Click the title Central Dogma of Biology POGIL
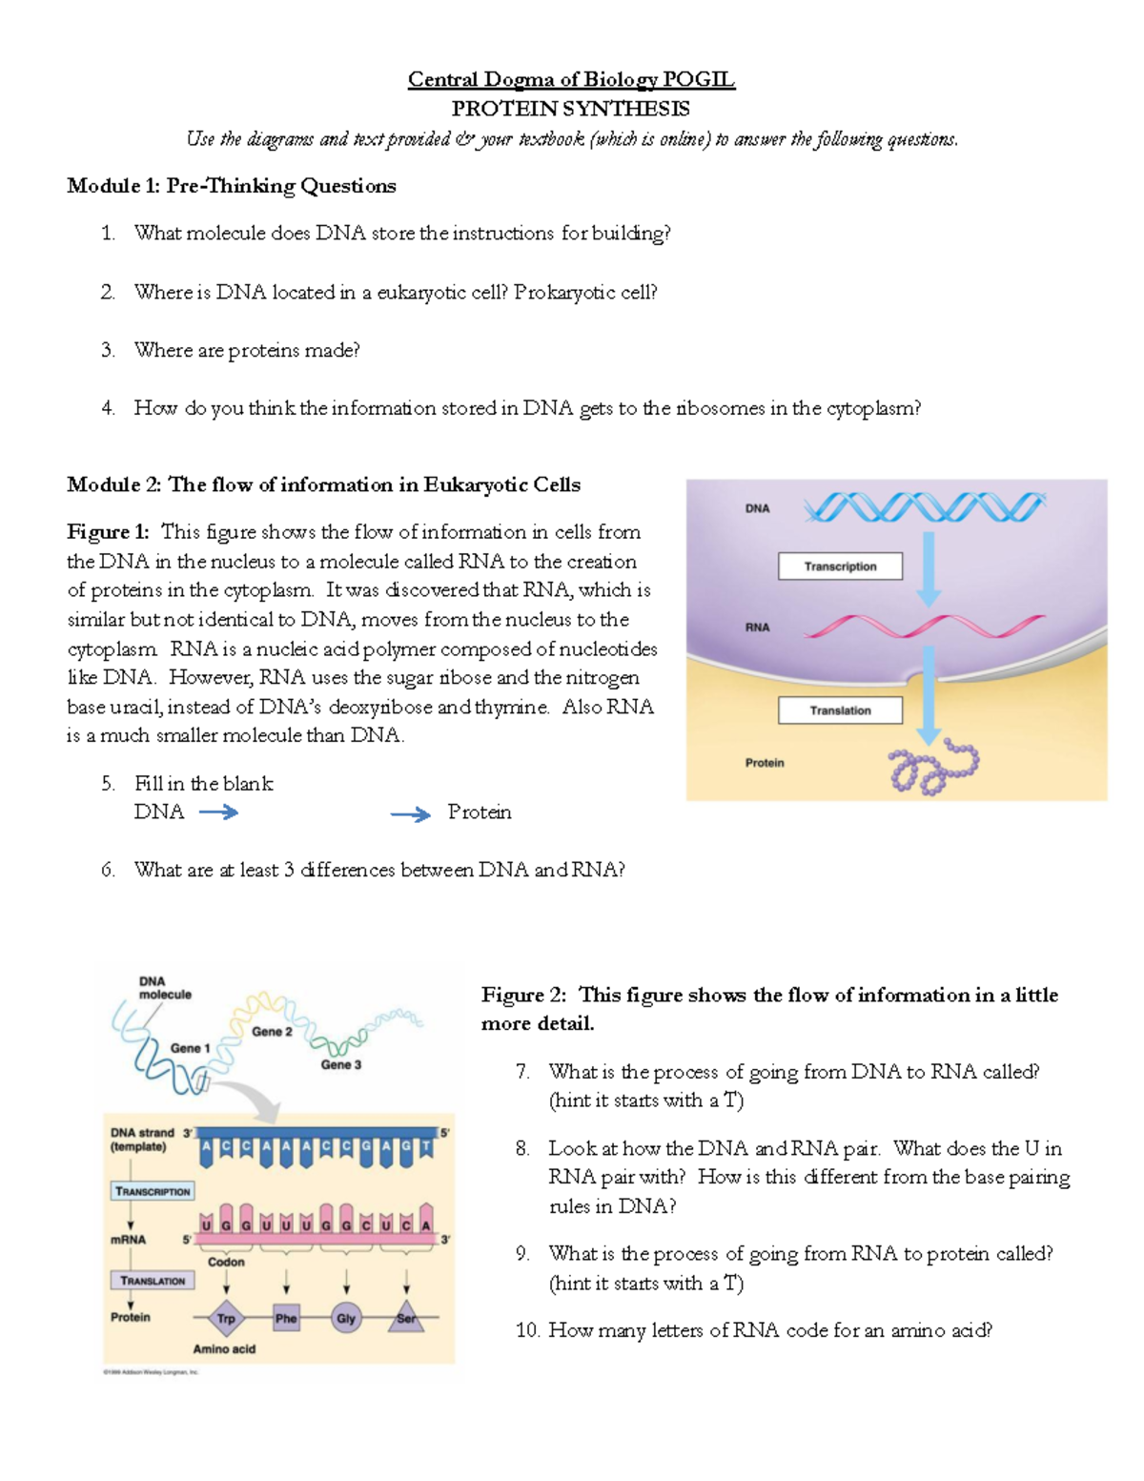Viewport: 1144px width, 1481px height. click(x=571, y=79)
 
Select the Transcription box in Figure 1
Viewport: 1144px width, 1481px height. click(x=840, y=566)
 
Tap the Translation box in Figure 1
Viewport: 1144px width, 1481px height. click(x=840, y=710)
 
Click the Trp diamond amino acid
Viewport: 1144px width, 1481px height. click(x=226, y=1319)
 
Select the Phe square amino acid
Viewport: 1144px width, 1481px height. click(x=286, y=1319)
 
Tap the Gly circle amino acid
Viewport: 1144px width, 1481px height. click(x=346, y=1319)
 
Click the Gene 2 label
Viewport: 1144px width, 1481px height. click(x=272, y=1032)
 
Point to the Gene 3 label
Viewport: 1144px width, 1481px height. click(x=340, y=1065)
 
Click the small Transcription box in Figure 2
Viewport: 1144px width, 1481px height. click(x=153, y=1192)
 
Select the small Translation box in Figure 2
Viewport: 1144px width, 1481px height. click(x=153, y=1281)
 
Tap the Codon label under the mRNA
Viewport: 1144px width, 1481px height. click(x=226, y=1262)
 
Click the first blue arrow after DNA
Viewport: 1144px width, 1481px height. click(x=218, y=812)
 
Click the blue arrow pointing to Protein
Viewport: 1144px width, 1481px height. click(x=410, y=814)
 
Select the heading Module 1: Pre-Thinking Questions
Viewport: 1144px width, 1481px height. click(x=232, y=186)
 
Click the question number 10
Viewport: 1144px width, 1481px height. click(x=527, y=1330)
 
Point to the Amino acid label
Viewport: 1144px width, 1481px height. click(x=224, y=1349)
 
